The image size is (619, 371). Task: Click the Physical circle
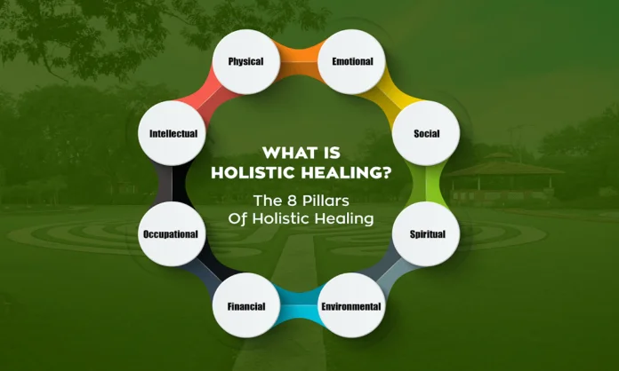point(245,63)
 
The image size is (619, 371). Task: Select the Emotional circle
point(352,63)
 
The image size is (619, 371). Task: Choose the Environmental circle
point(351,307)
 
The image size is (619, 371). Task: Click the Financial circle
point(245,307)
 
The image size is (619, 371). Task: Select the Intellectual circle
point(173,134)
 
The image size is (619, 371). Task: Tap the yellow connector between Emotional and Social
point(397,90)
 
